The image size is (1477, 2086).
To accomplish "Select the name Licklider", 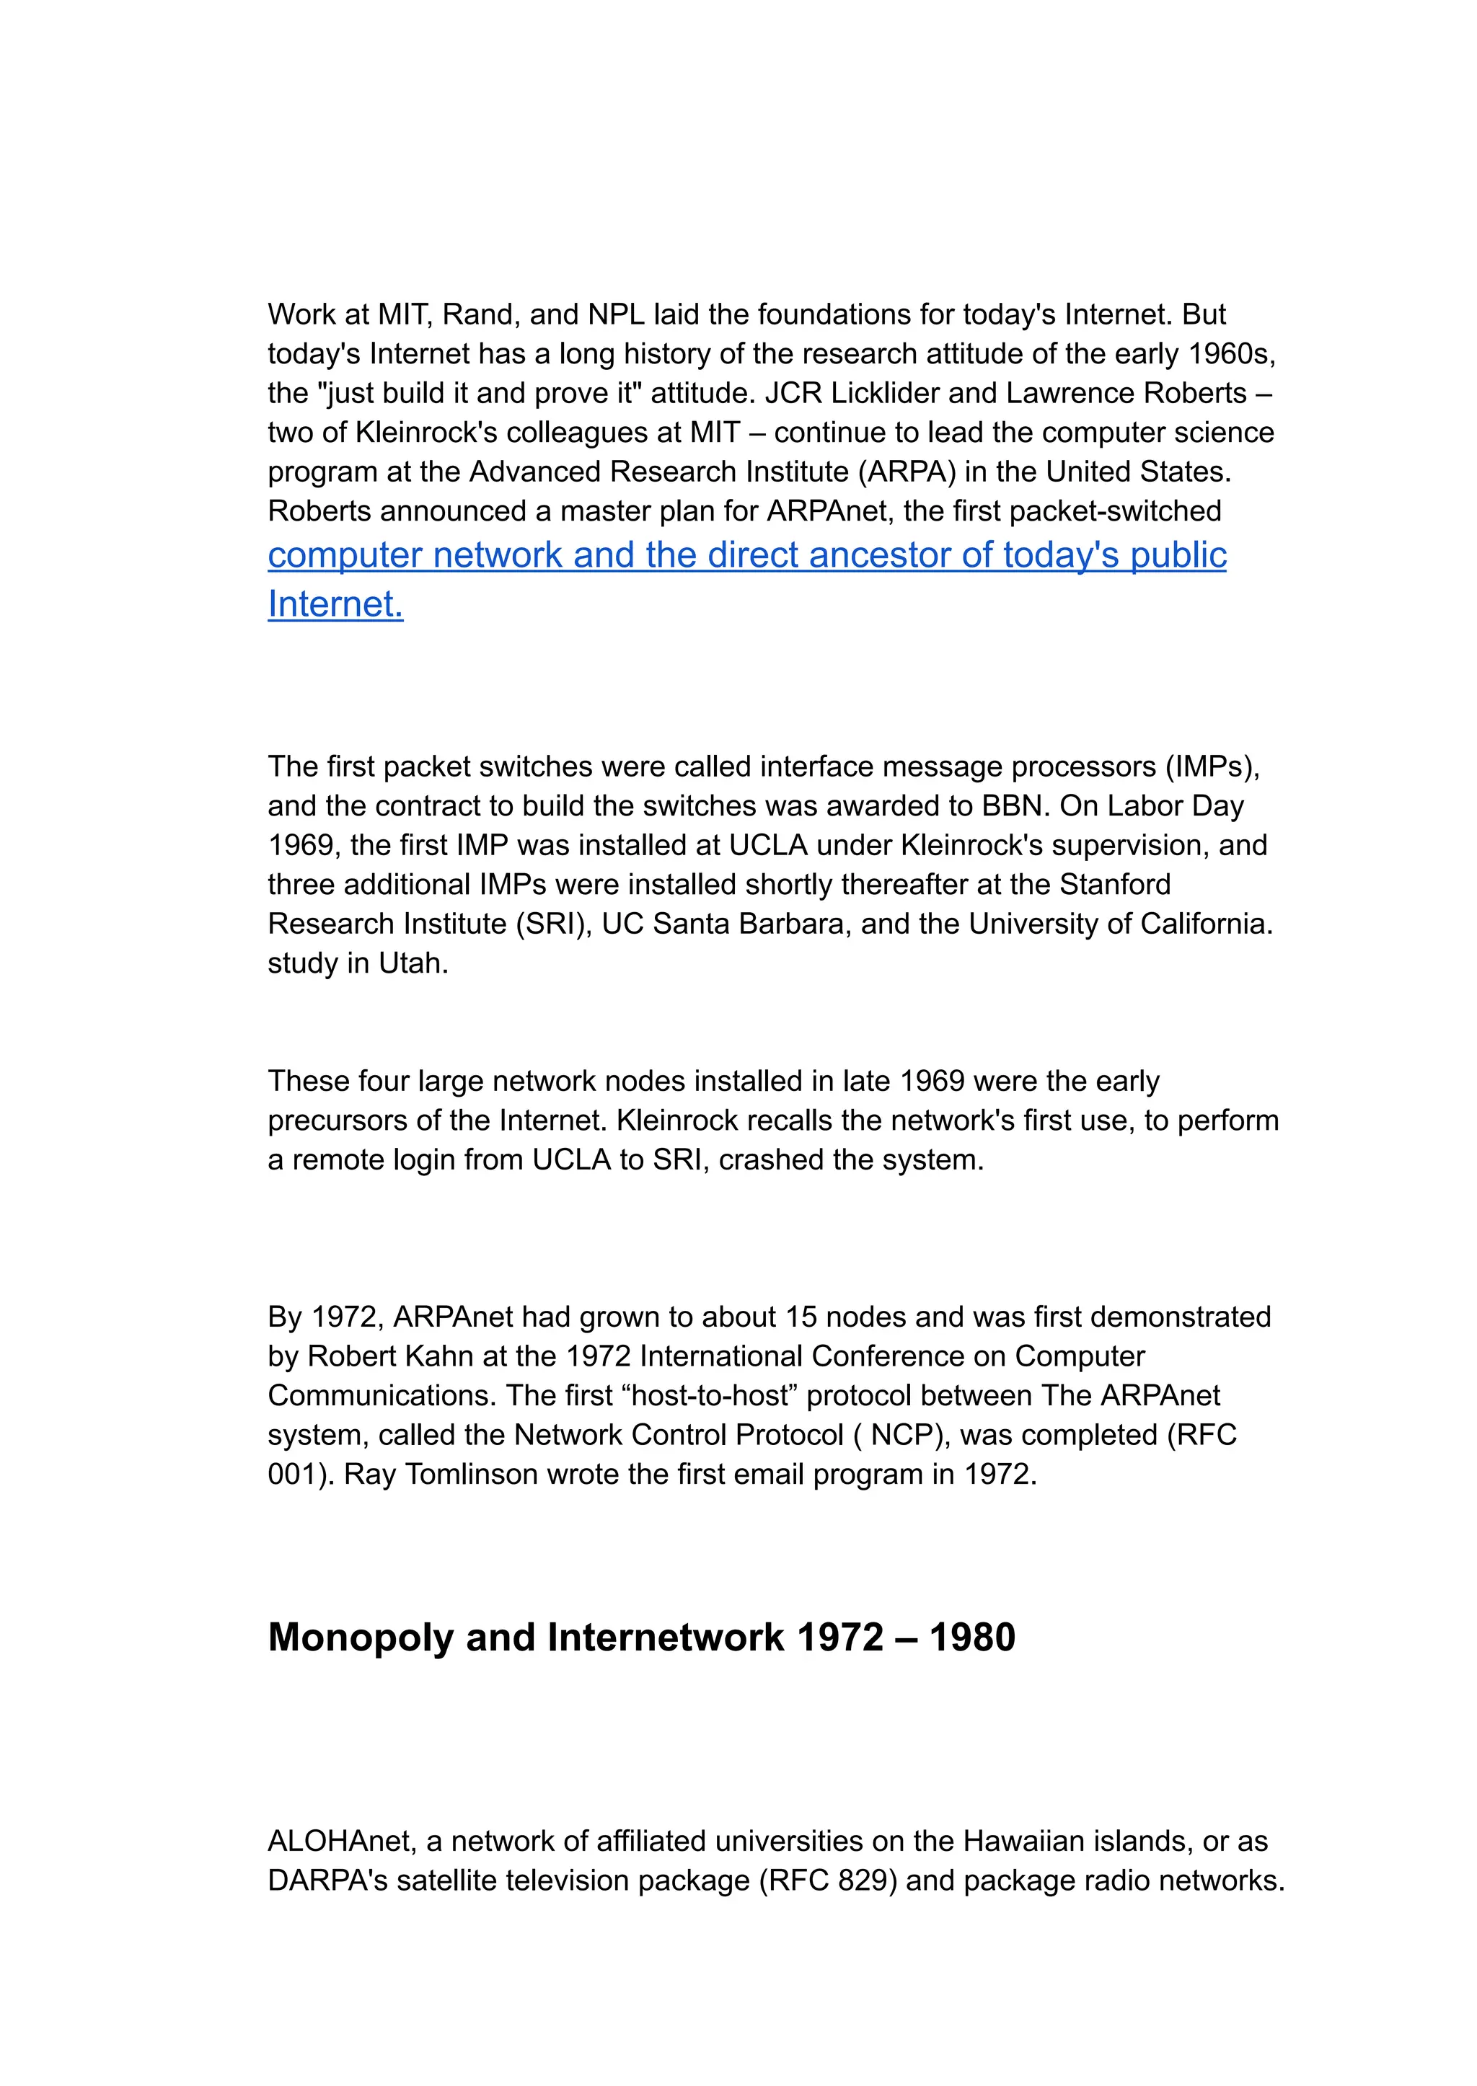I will (x=892, y=393).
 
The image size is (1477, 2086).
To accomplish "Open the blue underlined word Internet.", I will (x=335, y=604).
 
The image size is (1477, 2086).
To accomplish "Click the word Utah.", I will (x=413, y=963).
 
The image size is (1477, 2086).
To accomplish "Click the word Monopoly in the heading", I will (x=360, y=1638).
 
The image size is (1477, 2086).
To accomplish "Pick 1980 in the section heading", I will (x=971, y=1638).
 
